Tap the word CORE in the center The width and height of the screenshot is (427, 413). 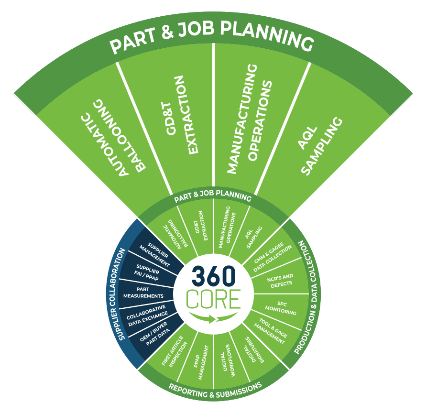[213, 299]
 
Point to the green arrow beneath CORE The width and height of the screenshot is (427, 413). [210, 318]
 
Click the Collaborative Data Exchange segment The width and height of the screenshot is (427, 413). [147, 314]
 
